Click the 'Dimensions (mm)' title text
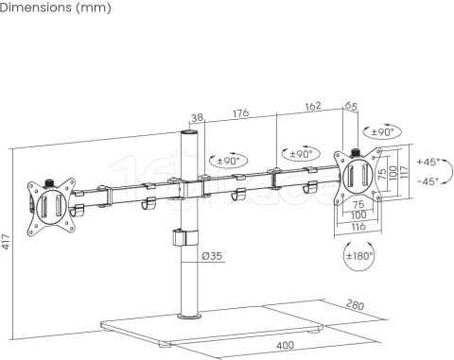tap(56, 9)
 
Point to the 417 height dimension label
tap(8, 245)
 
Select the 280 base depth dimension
tap(355, 306)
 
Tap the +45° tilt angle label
tap(428, 162)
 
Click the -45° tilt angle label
tap(428, 180)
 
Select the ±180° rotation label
tap(358, 256)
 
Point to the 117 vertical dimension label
tap(404, 172)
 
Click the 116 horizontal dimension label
tap(358, 228)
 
